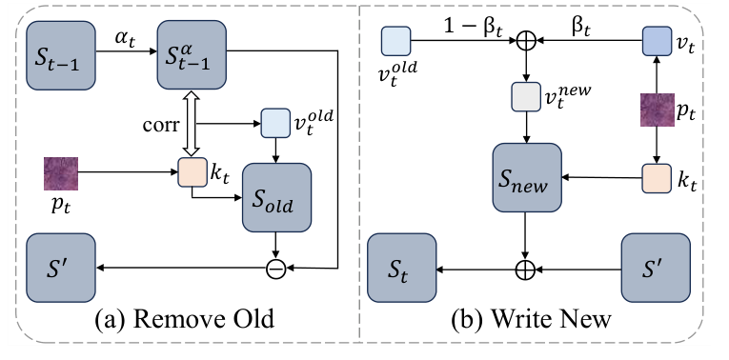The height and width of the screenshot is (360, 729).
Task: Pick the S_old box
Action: click(x=277, y=197)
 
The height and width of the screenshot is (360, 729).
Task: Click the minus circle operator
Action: click(x=277, y=269)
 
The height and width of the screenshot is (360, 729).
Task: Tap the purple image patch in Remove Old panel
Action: click(x=60, y=173)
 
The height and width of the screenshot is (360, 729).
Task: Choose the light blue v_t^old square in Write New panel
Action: click(x=395, y=41)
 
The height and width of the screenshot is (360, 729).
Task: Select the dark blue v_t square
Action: click(x=658, y=41)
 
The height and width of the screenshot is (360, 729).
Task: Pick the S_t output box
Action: click(x=403, y=270)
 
